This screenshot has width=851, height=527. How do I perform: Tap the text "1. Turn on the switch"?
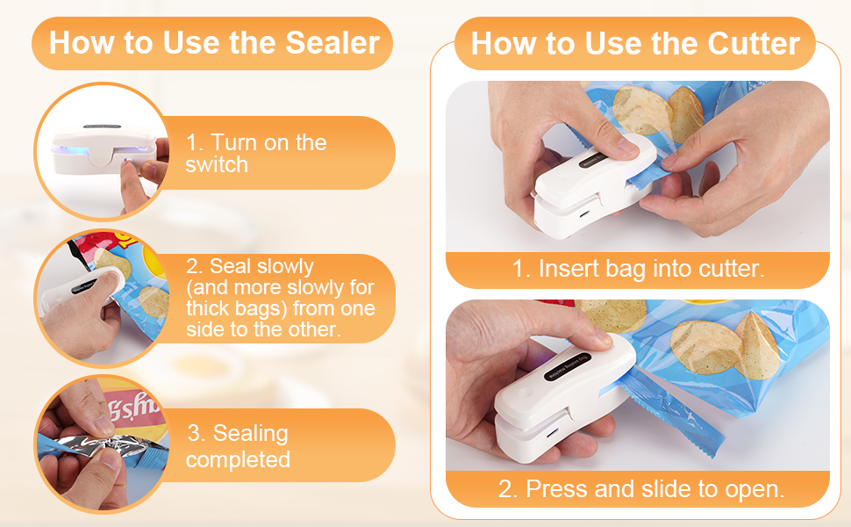pyautogui.click(x=255, y=153)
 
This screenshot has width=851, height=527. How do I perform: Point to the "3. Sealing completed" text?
pyautogui.click(x=238, y=445)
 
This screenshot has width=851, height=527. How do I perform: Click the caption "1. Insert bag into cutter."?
pyautogui.click(x=638, y=269)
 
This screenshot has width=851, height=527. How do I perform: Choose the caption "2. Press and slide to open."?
pyautogui.click(x=640, y=488)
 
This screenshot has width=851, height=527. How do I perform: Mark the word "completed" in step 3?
pyautogui.click(x=238, y=458)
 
